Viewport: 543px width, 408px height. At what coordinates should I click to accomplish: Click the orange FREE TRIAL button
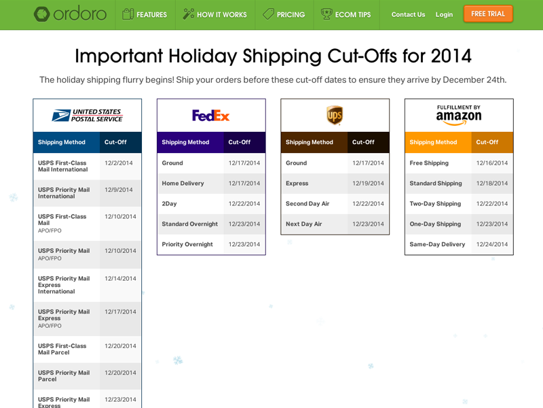(x=488, y=14)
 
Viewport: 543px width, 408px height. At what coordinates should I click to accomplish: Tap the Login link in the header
(x=444, y=14)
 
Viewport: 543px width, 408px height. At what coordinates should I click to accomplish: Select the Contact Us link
(x=408, y=14)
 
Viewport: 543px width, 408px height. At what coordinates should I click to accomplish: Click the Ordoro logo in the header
(x=70, y=14)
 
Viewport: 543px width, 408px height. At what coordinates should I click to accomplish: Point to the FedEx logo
(x=211, y=116)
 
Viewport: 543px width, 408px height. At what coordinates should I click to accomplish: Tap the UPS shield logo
(x=335, y=116)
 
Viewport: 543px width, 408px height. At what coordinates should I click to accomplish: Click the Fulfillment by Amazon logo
(x=459, y=115)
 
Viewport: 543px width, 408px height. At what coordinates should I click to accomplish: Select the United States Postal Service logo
(x=87, y=116)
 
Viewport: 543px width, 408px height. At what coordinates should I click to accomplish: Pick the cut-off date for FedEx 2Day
(x=244, y=204)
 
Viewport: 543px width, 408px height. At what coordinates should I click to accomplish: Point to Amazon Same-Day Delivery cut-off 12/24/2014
(x=492, y=245)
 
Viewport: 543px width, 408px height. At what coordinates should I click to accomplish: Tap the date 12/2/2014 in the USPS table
(x=119, y=163)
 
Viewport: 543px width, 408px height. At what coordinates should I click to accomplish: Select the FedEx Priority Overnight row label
(x=187, y=245)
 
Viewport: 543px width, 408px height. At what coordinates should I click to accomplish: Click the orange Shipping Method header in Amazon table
(x=433, y=143)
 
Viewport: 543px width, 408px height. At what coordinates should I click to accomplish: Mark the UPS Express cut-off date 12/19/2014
(x=368, y=184)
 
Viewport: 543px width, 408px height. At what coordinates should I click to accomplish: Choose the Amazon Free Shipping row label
(x=429, y=163)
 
